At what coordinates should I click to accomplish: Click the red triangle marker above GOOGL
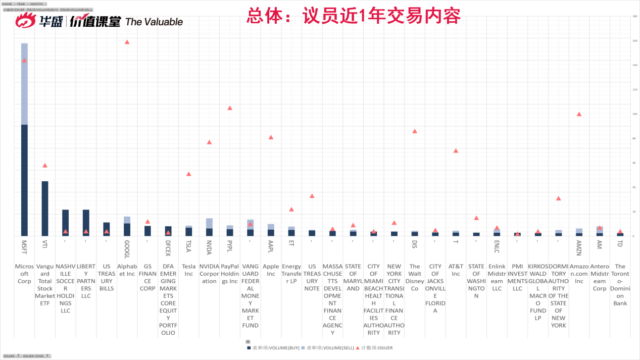coord(127,42)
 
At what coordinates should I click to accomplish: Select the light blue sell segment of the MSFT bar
coord(24,84)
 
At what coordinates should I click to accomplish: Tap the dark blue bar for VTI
coord(45,208)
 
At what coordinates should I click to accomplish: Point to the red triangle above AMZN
coord(579,114)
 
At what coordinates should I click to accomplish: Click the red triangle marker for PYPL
coord(230,108)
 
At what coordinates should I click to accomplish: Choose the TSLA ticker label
coord(188,245)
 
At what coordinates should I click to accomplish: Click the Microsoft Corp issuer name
coord(24,274)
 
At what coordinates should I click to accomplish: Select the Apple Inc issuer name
coord(271,270)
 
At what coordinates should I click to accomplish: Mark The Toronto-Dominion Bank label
coord(620,285)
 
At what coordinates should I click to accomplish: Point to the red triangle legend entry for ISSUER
coord(374,348)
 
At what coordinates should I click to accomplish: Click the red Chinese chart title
coord(353,16)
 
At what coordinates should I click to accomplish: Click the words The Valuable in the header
coord(154,22)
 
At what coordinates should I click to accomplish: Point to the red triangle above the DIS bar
coord(415,131)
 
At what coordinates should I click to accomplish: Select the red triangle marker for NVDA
coord(209,142)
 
